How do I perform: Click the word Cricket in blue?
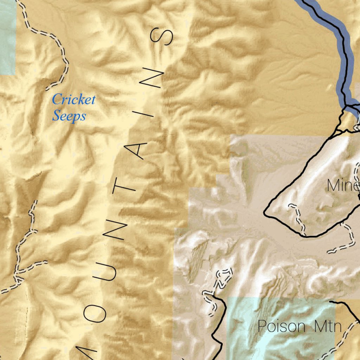pos(73,100)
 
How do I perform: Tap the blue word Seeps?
pos(69,116)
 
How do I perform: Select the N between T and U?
pos(118,230)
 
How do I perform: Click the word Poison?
pos(282,327)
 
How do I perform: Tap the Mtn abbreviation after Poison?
pos(328,327)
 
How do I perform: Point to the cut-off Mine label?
pos(343,185)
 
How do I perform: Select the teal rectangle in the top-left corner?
pos(7,39)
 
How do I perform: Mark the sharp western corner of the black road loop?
pos(265,212)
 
